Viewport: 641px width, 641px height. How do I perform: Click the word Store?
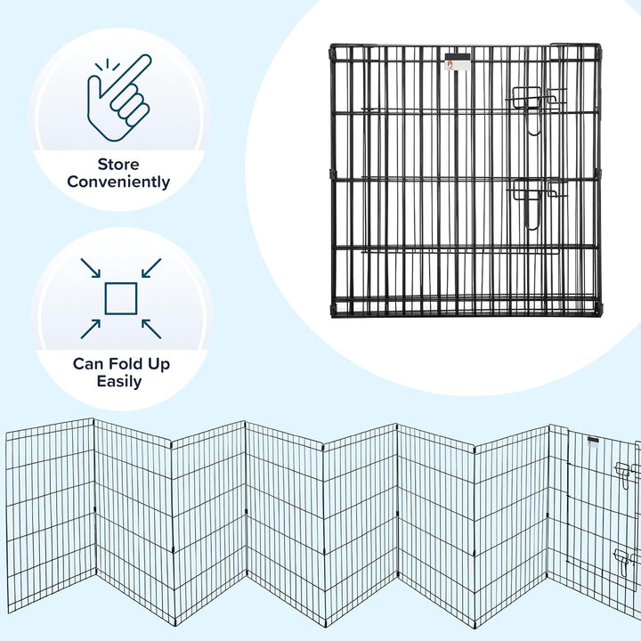click(120, 165)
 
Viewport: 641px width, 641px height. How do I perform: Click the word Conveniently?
click(120, 183)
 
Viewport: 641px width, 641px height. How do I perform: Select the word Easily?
click(120, 381)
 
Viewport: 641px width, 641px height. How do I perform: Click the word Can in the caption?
click(89, 364)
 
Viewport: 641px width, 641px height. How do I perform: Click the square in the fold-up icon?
click(120, 298)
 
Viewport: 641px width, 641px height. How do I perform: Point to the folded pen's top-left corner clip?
click(335, 49)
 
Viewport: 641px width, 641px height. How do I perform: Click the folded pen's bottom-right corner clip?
click(596, 309)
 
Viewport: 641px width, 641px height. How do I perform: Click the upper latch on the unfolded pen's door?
click(625, 469)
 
